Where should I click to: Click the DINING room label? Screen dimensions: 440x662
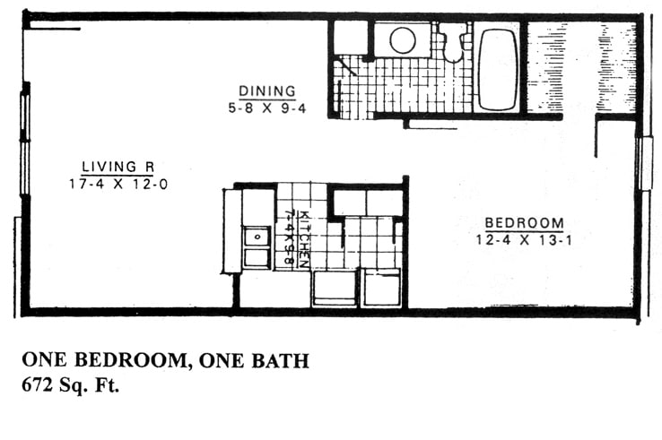[x=266, y=91]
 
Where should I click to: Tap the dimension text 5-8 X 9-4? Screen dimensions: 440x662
[x=266, y=107]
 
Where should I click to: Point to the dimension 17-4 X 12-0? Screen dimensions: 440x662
[x=118, y=184]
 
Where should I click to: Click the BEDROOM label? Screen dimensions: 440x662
[x=525, y=223]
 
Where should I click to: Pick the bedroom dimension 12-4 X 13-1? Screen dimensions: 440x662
[x=525, y=239]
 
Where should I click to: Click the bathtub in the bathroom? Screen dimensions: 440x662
[x=497, y=69]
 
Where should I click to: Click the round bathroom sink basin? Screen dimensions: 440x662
[x=402, y=40]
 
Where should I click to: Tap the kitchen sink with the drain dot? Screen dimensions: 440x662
[x=257, y=237]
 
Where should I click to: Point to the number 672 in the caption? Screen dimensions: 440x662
[x=41, y=387]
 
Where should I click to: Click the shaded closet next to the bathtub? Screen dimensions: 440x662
[x=580, y=67]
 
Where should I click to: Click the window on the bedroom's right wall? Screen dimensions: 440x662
[x=644, y=163]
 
